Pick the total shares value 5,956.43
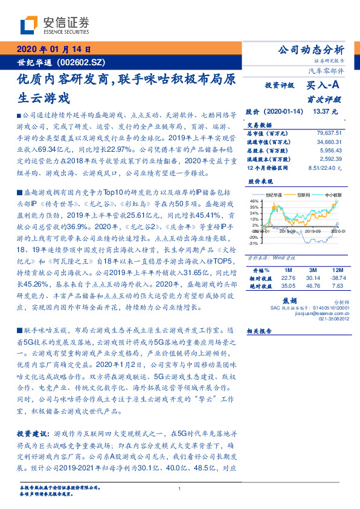tap(331, 149)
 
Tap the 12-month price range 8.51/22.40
tap(324, 167)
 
